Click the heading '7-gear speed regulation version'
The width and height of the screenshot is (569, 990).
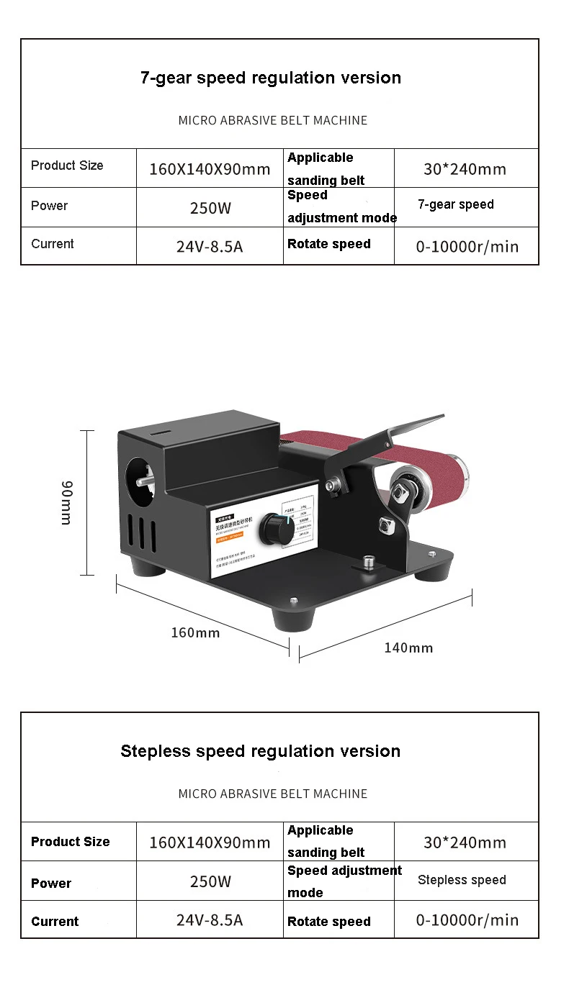click(271, 78)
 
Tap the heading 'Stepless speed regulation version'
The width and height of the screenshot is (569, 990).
click(260, 751)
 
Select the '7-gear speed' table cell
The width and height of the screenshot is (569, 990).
click(456, 204)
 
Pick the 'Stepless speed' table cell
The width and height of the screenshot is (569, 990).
click(462, 880)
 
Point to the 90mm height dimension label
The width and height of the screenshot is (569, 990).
click(66, 502)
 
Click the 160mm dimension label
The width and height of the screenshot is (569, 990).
click(195, 632)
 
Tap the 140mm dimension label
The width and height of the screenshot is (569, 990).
click(408, 648)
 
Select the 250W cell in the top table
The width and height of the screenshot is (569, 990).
click(210, 209)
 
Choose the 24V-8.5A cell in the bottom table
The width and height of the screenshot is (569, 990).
click(210, 919)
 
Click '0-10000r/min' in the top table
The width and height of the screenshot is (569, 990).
click(467, 247)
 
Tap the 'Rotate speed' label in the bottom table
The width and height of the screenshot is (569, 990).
click(329, 922)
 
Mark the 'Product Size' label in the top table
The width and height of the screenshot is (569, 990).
click(67, 165)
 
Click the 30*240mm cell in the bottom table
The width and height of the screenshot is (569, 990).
click(465, 843)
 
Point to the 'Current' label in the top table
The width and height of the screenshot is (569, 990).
click(53, 244)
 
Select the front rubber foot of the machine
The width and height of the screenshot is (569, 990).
click(294, 617)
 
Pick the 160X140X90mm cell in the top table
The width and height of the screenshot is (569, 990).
click(210, 170)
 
